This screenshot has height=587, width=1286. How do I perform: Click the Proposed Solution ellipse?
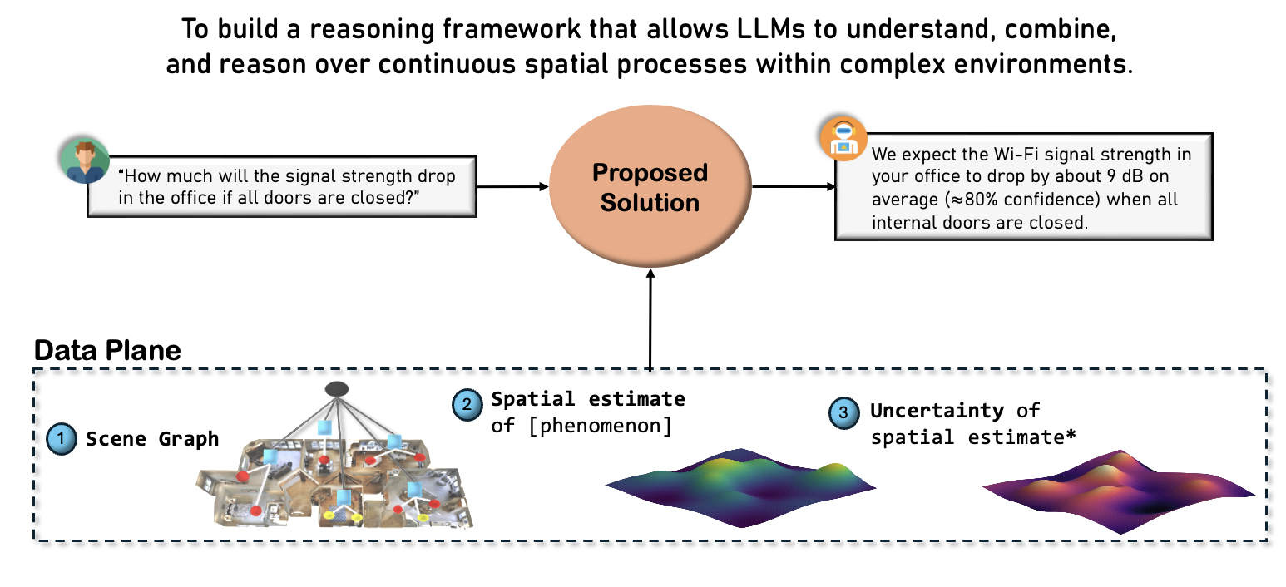point(650,187)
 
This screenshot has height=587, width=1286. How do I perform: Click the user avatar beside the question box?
point(84,160)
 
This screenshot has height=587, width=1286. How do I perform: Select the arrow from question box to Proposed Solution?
point(512,186)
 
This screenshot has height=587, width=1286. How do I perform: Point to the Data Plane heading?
point(107,350)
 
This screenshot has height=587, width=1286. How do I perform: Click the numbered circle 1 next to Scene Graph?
point(61,439)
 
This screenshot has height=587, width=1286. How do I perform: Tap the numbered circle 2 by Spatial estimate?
point(467,405)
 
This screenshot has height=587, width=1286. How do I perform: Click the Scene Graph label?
point(152,439)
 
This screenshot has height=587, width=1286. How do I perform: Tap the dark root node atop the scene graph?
point(336,388)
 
